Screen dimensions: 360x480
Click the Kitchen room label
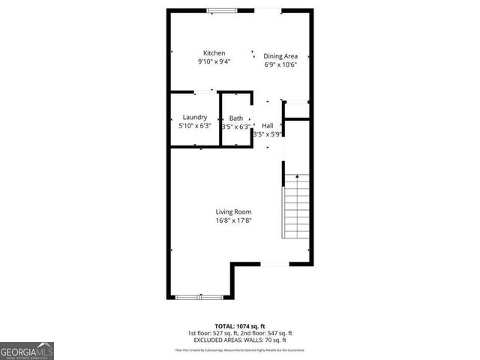[214, 53]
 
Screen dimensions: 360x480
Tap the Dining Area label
[281, 56]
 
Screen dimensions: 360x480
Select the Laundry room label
[194, 118]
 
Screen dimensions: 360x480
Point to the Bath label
[236, 118]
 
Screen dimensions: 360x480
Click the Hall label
[267, 125]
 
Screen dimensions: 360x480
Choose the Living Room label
[234, 211]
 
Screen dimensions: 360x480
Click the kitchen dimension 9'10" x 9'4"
[214, 61]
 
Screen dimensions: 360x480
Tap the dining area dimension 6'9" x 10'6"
[281, 64]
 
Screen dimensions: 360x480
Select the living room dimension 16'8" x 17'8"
[234, 220]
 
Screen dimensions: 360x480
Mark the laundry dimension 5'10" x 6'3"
[194, 127]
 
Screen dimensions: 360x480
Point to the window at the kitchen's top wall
[219, 10]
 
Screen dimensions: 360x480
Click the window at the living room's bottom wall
[199, 298]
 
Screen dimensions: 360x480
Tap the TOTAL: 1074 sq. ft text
[240, 326]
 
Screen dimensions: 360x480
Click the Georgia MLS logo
[27, 350]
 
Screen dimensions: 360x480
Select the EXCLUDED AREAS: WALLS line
[240, 340]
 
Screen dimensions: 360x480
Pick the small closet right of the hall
[298, 109]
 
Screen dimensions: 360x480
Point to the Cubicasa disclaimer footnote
[240, 349]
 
